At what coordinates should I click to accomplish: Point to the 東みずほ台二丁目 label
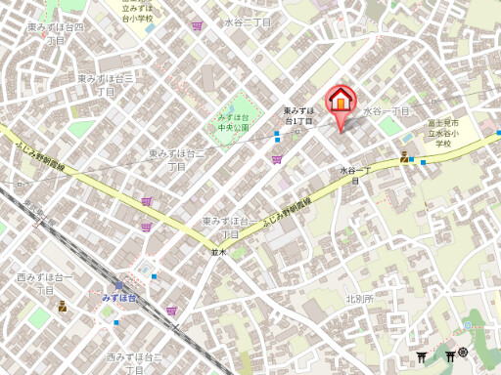176,160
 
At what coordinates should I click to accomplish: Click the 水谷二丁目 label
247,21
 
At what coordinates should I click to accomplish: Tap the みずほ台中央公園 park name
234,122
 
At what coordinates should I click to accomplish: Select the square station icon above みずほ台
118,286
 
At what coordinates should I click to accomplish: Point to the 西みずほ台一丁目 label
45,284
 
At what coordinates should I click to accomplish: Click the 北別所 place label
359,298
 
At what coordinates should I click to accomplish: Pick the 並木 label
218,252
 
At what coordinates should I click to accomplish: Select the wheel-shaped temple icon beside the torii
463,353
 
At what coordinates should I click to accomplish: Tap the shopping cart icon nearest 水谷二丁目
199,26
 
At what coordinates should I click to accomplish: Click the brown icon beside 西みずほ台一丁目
62,306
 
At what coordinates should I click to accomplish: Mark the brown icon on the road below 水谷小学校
404,157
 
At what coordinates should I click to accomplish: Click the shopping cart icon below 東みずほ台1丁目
277,158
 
